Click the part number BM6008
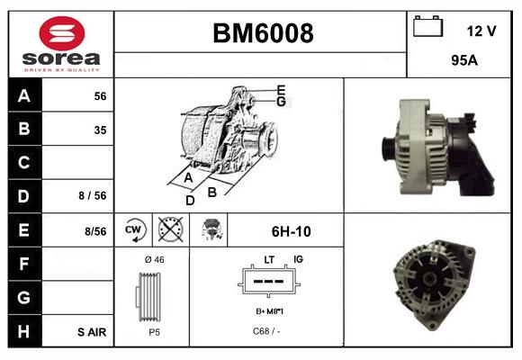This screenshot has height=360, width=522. (262, 34)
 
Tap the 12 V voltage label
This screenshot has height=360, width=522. (481, 31)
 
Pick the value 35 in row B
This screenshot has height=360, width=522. (99, 130)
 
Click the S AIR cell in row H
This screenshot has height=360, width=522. (91, 331)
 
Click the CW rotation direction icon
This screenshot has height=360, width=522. (134, 230)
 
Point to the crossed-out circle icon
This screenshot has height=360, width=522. (168, 230)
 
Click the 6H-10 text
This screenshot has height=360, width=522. (291, 231)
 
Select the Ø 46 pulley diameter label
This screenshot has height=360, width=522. (154, 259)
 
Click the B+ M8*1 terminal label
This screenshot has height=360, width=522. (268, 311)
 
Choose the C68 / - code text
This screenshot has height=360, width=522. (267, 330)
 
